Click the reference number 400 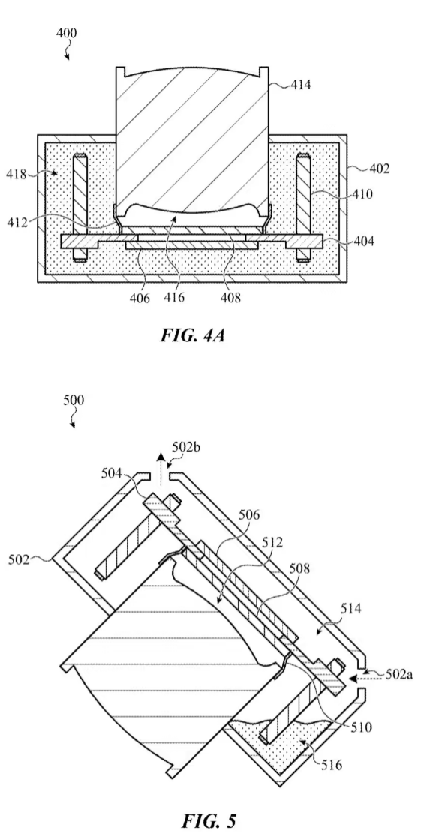coord(67,33)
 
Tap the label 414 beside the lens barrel coord(301,84)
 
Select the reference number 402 coord(379,169)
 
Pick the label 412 coord(18,221)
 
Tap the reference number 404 coord(363,241)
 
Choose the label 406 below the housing coord(139,297)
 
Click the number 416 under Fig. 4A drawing coord(173,297)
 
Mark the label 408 coord(230,297)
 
